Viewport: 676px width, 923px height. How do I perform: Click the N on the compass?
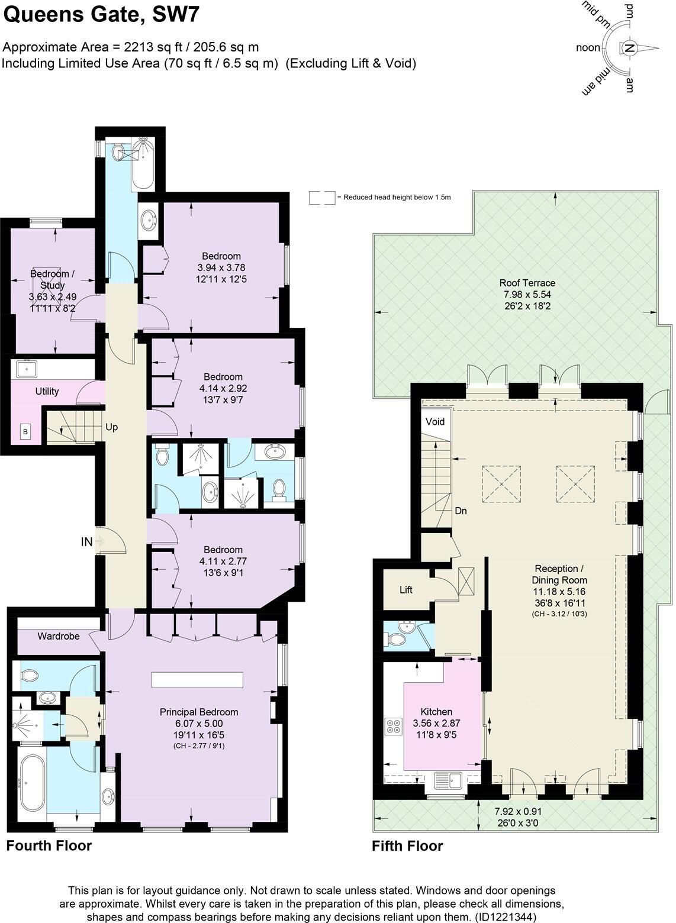click(630, 49)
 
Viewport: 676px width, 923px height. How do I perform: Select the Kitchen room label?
click(436, 712)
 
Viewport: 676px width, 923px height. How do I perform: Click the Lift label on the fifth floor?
click(405, 590)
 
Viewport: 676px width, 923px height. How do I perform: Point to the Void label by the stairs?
click(434, 422)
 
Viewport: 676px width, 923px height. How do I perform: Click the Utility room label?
click(47, 391)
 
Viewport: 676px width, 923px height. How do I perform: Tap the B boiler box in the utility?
click(25, 432)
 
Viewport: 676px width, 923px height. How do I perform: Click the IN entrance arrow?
click(98, 541)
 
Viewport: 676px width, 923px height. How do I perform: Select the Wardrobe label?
click(58, 636)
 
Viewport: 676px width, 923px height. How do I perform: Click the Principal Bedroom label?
click(199, 712)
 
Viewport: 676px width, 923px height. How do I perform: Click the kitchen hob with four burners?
click(393, 726)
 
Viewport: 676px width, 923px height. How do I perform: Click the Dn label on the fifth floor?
click(461, 510)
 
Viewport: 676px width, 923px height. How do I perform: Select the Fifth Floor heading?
click(407, 846)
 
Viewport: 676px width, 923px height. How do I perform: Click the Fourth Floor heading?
click(49, 845)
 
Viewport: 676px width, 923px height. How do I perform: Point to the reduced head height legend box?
click(322, 198)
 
